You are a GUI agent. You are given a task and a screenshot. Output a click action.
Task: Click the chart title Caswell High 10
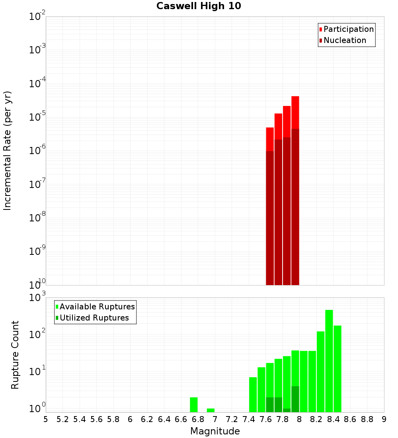[199, 6]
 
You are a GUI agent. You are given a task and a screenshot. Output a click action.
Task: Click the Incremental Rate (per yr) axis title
[8, 151]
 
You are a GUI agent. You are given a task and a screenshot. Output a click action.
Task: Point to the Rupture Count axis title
[15, 354]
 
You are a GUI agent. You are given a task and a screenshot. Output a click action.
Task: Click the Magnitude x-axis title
[215, 431]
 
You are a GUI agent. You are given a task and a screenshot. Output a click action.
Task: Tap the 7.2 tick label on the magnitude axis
[232, 419]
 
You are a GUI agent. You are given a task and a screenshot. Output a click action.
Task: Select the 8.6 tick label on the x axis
[350, 419]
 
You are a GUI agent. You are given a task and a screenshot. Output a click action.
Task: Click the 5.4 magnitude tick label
[80, 419]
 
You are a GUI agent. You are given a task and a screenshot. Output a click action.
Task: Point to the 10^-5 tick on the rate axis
[37, 117]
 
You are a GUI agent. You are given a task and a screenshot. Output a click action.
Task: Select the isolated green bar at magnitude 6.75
[194, 405]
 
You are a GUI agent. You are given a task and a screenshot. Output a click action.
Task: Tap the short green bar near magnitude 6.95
[211, 410]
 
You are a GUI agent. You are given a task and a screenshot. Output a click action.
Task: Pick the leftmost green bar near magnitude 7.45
[253, 394]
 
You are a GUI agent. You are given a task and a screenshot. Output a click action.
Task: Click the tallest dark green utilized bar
[295, 399]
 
